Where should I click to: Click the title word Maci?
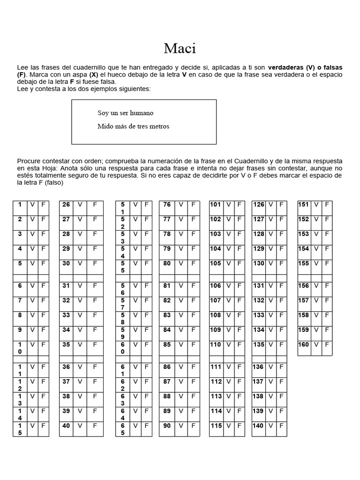tap(180, 48)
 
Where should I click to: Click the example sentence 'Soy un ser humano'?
tap(125, 113)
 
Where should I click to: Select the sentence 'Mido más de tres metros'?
tap(133, 126)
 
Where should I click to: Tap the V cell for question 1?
tap(32, 204)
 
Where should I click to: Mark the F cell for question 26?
tap(95, 204)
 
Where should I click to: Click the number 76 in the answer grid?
tap(167, 204)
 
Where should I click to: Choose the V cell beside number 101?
tap(228, 204)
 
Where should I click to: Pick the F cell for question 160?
tap(327, 345)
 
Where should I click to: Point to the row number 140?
tap(258, 426)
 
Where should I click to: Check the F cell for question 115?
tap(239, 426)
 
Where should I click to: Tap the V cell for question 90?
tap(181, 426)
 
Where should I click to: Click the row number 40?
tap(66, 426)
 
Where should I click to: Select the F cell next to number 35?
tap(95, 345)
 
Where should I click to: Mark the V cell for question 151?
tap(316, 204)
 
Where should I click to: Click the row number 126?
tap(258, 204)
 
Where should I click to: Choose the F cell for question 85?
tap(193, 345)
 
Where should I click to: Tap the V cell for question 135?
tap(271, 345)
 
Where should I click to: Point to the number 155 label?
tap(304, 263)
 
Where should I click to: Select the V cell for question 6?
tap(32, 285)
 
